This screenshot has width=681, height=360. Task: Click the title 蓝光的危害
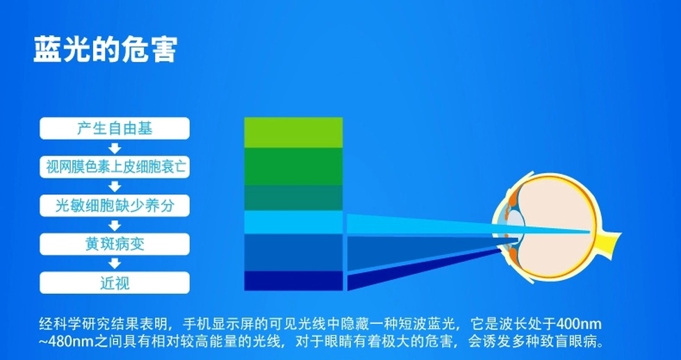pos(106,49)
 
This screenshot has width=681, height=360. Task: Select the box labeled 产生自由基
pos(115,128)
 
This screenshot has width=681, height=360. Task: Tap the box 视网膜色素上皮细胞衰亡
pos(115,167)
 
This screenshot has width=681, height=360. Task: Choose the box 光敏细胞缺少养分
pos(115,206)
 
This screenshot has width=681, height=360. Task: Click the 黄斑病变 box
pos(115,244)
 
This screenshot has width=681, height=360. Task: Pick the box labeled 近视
pos(115,283)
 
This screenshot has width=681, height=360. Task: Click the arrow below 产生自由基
pos(115,148)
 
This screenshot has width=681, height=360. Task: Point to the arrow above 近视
pos(115,263)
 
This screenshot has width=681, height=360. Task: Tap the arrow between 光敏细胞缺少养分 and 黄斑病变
pos(115,225)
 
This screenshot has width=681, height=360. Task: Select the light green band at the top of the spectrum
pos(293,133)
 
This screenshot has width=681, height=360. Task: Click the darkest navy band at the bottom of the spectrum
pos(293,281)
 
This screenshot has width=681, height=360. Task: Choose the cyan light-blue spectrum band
pos(293,222)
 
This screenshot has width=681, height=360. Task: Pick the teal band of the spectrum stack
pos(293,197)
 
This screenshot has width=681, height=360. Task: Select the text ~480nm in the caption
pos(65,342)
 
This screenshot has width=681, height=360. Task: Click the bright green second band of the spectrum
pos(293,166)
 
